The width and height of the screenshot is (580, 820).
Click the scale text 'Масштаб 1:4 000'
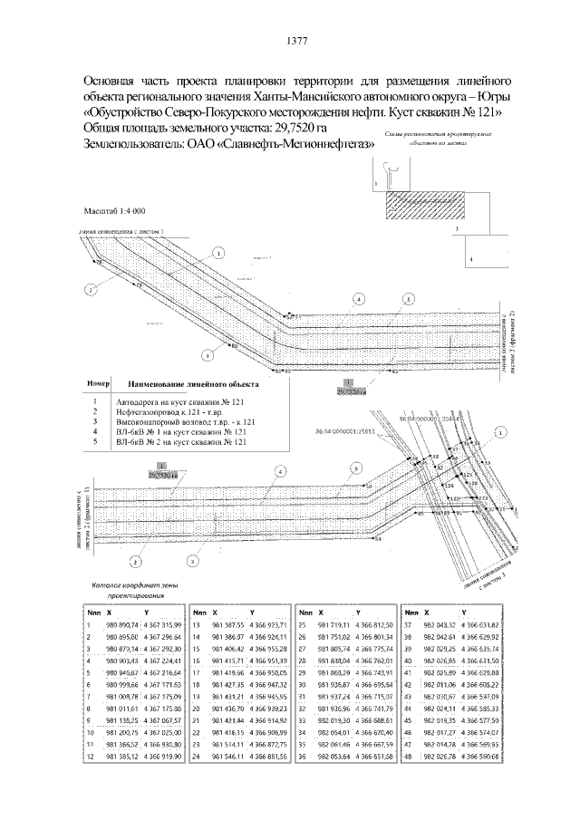[114, 210]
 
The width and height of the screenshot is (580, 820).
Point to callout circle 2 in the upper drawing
[90, 290]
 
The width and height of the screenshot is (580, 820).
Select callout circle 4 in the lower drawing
[281, 471]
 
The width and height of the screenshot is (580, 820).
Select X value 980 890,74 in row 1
[122, 625]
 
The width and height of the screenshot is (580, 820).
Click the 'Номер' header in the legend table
[98, 383]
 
